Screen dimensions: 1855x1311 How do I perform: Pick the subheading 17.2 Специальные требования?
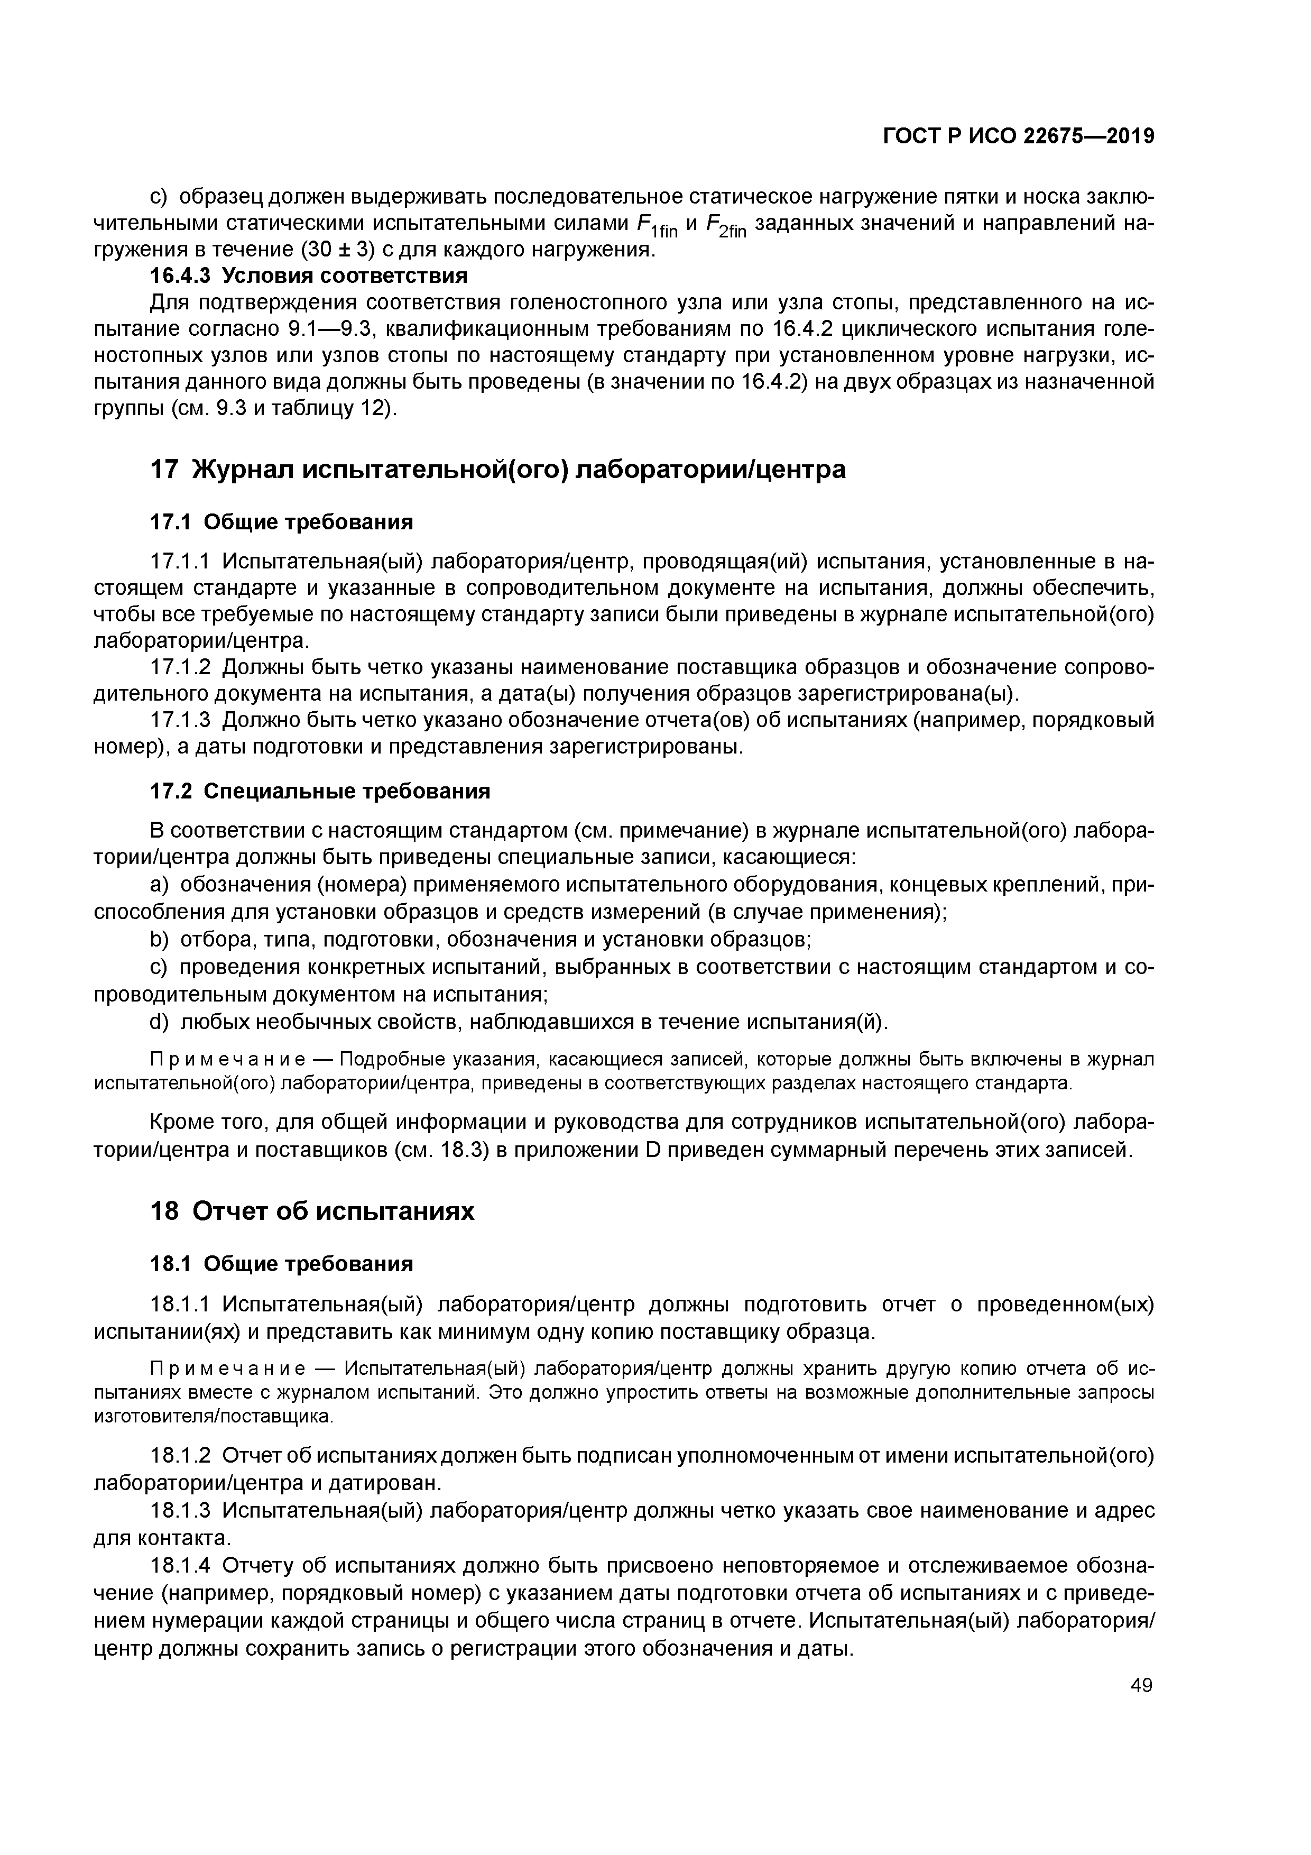(x=321, y=791)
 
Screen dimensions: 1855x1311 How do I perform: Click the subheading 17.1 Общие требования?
(x=282, y=522)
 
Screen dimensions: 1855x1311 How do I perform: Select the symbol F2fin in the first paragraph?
(x=727, y=225)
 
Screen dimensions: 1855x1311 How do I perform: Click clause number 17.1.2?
(x=180, y=667)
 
